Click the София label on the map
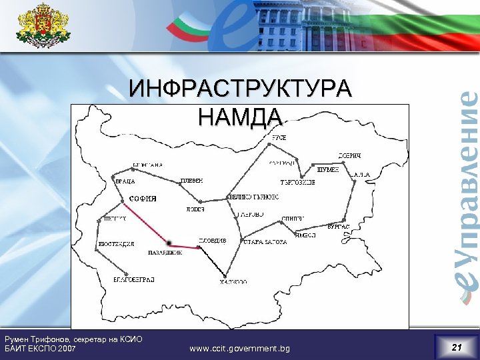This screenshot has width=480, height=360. tap(143, 198)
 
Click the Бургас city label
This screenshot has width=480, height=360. tap(339, 227)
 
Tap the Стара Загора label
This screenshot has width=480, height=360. tap(265, 242)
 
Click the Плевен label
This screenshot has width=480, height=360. tap(192, 181)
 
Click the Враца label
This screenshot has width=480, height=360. tap(125, 181)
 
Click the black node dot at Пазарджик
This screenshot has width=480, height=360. tap(169, 243)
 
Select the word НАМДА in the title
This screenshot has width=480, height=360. tap(241, 117)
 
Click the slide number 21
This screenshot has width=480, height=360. tap(456, 347)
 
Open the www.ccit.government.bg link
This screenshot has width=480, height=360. tap(240, 348)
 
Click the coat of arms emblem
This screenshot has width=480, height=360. tap(43, 26)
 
